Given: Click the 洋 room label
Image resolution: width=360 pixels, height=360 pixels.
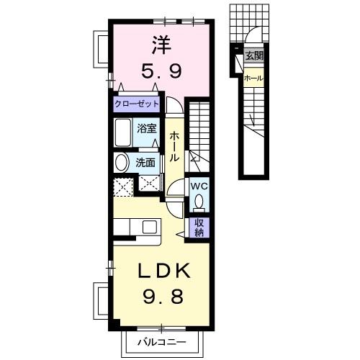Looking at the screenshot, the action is [162, 45].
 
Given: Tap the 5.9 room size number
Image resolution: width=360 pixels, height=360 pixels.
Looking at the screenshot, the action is [161, 71].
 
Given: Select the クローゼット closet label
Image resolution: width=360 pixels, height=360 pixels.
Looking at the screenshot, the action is [137, 104].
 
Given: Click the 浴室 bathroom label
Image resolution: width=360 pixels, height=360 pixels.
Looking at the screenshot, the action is [147, 128].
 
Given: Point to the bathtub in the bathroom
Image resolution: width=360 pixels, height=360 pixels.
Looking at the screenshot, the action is [123, 132].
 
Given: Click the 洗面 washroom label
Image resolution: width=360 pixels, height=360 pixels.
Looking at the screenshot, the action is [145, 163].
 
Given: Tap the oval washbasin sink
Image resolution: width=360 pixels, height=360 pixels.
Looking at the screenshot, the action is [121, 162].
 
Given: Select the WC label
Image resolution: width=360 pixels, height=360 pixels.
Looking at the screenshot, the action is [199, 186].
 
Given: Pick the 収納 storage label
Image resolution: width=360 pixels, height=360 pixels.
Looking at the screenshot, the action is [199, 228].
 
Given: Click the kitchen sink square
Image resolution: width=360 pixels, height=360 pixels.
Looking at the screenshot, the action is [150, 227].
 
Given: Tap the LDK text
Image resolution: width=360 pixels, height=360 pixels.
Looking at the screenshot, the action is [164, 271].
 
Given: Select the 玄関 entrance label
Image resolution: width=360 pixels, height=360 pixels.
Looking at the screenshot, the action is [254, 55].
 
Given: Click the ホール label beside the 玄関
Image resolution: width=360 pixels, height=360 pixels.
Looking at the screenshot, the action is [253, 78].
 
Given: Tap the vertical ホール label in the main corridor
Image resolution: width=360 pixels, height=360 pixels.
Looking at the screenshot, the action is [174, 146].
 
